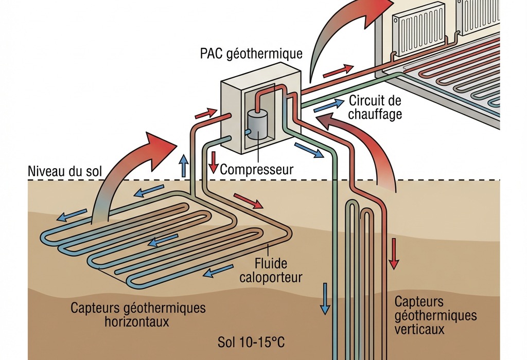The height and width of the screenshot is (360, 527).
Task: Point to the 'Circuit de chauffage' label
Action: tap(375, 107)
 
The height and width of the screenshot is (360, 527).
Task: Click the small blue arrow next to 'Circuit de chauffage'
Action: tap(327, 106)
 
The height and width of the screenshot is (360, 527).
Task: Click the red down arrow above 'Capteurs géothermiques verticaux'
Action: tap(394, 253)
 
